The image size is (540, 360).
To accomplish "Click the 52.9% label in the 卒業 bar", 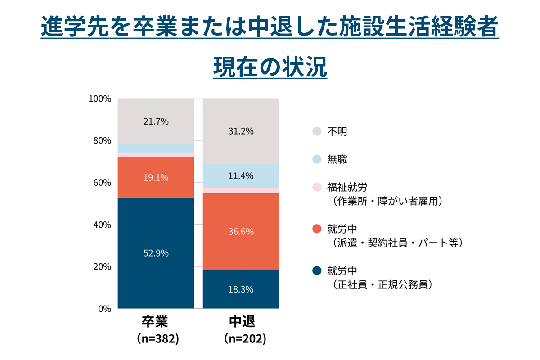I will (156, 253).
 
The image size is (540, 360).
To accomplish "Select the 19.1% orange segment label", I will (156, 178).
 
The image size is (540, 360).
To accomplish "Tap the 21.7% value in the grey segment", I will (156, 121).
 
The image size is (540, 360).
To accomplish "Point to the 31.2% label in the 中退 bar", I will (241, 131).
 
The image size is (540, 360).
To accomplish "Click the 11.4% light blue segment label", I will (241, 176).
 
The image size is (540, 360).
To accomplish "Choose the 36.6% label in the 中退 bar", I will (241, 232).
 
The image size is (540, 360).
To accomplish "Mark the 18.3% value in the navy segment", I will (241, 289).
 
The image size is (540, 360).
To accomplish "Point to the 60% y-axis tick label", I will (102, 183).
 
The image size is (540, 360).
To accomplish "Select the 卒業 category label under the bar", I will (156, 322).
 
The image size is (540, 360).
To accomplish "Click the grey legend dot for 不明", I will (317, 131).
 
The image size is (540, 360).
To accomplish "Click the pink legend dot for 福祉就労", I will (317, 187).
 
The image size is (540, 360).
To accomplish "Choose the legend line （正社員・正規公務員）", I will (382, 284).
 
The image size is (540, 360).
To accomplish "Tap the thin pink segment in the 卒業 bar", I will (156, 155).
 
